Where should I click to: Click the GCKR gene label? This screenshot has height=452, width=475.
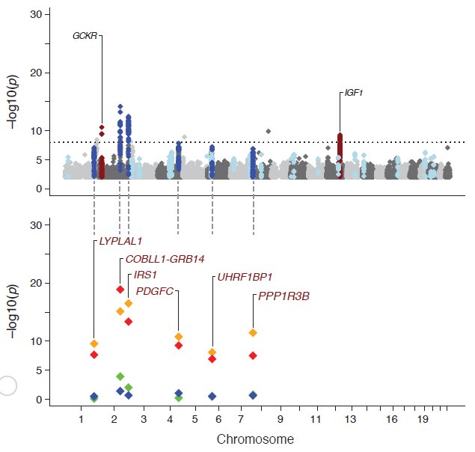(x=85, y=35)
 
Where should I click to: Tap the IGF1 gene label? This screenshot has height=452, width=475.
(x=354, y=94)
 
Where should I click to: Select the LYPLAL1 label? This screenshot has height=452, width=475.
(x=120, y=241)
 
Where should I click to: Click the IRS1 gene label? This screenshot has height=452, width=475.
(x=145, y=275)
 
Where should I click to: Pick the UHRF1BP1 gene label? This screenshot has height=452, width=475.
(x=245, y=277)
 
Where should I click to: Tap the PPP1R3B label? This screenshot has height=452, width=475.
(x=284, y=296)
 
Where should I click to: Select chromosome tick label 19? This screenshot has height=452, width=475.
(x=423, y=419)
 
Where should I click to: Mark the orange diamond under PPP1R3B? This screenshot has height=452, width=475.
(x=253, y=332)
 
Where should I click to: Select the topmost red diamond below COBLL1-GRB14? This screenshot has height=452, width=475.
(x=120, y=290)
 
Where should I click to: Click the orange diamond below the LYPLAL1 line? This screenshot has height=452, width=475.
(x=94, y=343)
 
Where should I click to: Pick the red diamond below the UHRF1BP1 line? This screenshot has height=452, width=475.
(x=212, y=359)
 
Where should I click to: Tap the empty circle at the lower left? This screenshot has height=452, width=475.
(x=7, y=385)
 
